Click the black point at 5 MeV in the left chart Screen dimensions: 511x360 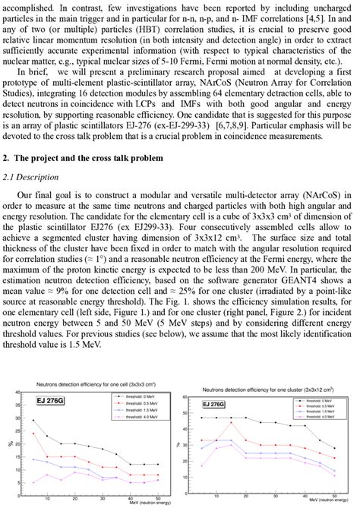coord(33,420)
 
